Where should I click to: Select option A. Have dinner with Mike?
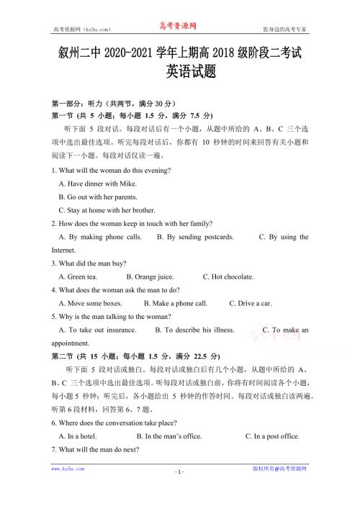tap(97, 184)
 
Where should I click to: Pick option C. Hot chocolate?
tap(228, 276)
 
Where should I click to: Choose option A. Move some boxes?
tap(90, 303)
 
